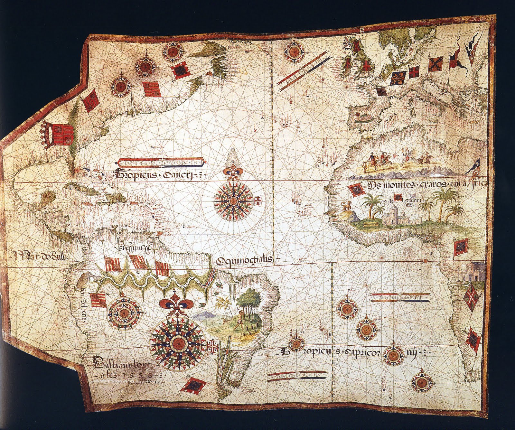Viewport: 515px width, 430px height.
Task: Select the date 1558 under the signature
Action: tap(139, 376)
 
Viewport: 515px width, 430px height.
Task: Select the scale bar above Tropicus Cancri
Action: tap(161, 162)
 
